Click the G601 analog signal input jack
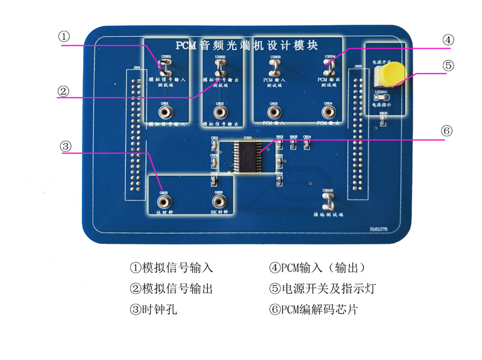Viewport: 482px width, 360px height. pos(164,112)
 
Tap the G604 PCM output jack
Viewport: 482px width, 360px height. pos(329,112)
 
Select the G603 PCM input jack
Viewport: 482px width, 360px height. pos(274,112)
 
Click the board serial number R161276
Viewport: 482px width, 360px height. pos(381,229)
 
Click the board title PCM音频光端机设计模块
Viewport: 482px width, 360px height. pos(247,45)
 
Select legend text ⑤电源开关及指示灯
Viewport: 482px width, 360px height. pos(322,288)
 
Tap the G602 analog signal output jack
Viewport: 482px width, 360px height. pos(220,112)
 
